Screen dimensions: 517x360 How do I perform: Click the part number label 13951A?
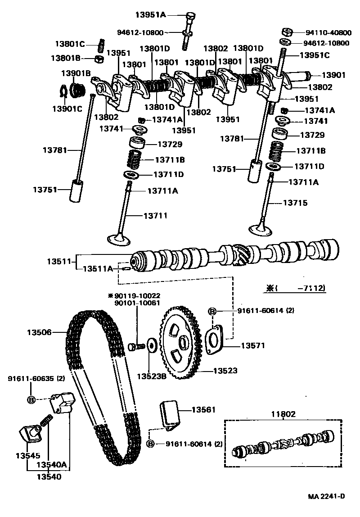[x=151, y=15]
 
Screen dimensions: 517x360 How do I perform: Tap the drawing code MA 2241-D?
[x=326, y=496]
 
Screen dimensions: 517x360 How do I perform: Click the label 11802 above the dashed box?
[x=283, y=413]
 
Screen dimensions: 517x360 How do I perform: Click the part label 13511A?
[x=98, y=269]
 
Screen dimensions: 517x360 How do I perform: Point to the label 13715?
[x=295, y=203]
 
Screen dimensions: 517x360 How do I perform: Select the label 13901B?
[x=76, y=73]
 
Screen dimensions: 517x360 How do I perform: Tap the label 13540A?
[x=52, y=464]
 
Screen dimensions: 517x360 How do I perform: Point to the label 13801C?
[x=70, y=44]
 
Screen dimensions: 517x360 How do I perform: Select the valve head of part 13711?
[x=118, y=238]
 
